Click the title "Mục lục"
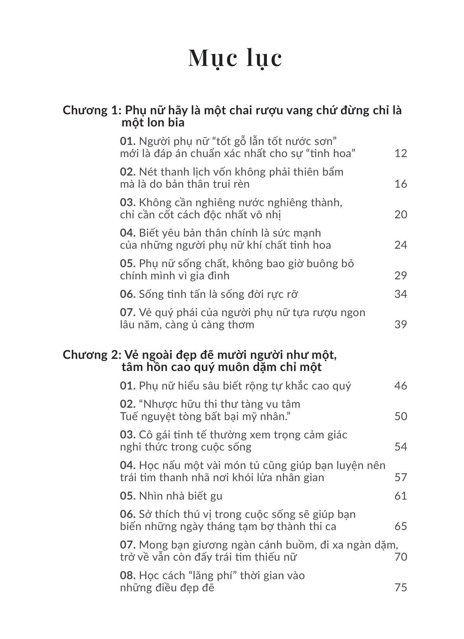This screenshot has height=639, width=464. click(x=235, y=58)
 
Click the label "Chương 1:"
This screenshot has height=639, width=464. click(x=90, y=110)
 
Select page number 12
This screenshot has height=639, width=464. click(x=401, y=153)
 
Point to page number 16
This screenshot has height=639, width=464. click(x=401, y=184)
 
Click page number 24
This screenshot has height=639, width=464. click(x=401, y=245)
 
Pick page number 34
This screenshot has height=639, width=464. click(x=401, y=294)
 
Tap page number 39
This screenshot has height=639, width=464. click(x=401, y=324)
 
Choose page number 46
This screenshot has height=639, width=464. click(x=401, y=386)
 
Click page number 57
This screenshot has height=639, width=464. click(x=401, y=477)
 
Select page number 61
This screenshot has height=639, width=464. click(x=401, y=496)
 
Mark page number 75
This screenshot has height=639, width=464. click(x=401, y=587)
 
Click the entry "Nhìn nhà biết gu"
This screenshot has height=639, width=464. click(x=180, y=496)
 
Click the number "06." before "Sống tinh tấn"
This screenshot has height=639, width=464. click(x=128, y=294)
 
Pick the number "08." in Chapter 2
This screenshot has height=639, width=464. click(x=128, y=575)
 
